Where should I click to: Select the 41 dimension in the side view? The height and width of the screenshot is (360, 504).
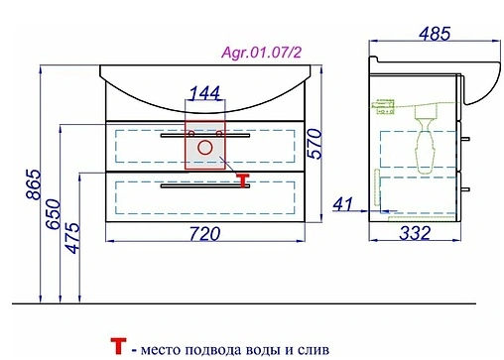click(343, 204)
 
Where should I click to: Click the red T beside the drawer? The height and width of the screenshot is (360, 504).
click(241, 179)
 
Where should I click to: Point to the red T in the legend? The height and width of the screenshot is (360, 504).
click(119, 347)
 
